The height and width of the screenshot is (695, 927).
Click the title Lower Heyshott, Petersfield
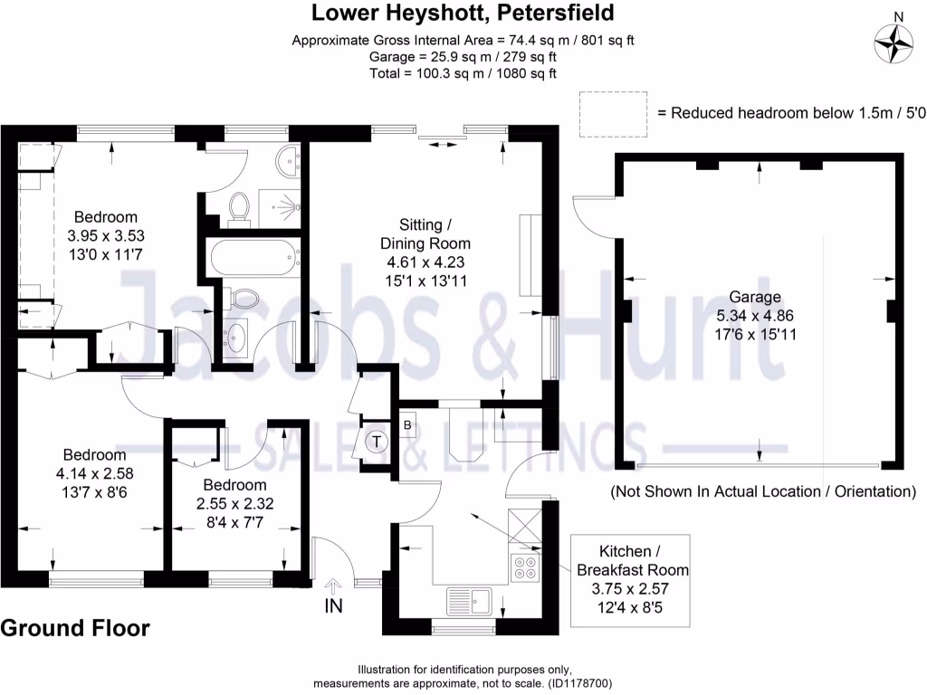click(x=463, y=13)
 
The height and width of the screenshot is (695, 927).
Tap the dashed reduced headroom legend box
click(x=613, y=114)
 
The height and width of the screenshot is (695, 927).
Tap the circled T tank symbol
click(x=376, y=441)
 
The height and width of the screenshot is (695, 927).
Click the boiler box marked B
click(x=407, y=424)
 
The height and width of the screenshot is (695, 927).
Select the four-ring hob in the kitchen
click(x=524, y=566)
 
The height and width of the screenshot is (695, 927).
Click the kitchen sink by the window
click(x=469, y=599)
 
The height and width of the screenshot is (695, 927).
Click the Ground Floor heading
click(x=75, y=628)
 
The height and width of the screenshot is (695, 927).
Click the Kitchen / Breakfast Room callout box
click(x=631, y=579)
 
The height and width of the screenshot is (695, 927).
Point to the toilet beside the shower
click(x=240, y=206)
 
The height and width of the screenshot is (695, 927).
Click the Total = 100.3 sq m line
click(x=463, y=73)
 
